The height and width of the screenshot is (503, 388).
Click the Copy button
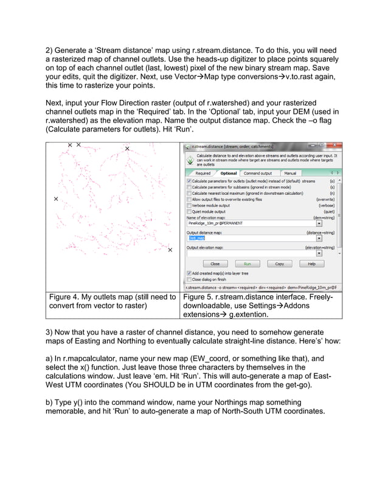point(279,264)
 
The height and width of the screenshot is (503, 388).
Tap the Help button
point(311,264)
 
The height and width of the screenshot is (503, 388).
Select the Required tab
point(203,174)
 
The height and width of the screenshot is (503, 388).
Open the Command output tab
point(258,174)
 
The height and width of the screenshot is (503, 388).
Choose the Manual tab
point(290,174)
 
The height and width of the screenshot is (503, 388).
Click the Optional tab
point(229,174)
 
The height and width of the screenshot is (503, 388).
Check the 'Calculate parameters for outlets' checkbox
point(189,181)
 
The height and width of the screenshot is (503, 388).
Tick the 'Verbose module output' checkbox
point(189,205)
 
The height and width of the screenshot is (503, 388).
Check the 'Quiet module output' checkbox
point(189,211)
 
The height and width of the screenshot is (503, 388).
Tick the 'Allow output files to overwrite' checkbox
point(189,199)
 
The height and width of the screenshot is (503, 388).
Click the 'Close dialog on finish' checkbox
point(189,280)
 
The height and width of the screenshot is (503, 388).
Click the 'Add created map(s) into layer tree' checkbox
point(189,273)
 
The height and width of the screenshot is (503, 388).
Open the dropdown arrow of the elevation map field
point(319,223)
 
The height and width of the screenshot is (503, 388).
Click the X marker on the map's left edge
point(56,199)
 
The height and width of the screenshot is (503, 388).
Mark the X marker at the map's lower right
point(170,250)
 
